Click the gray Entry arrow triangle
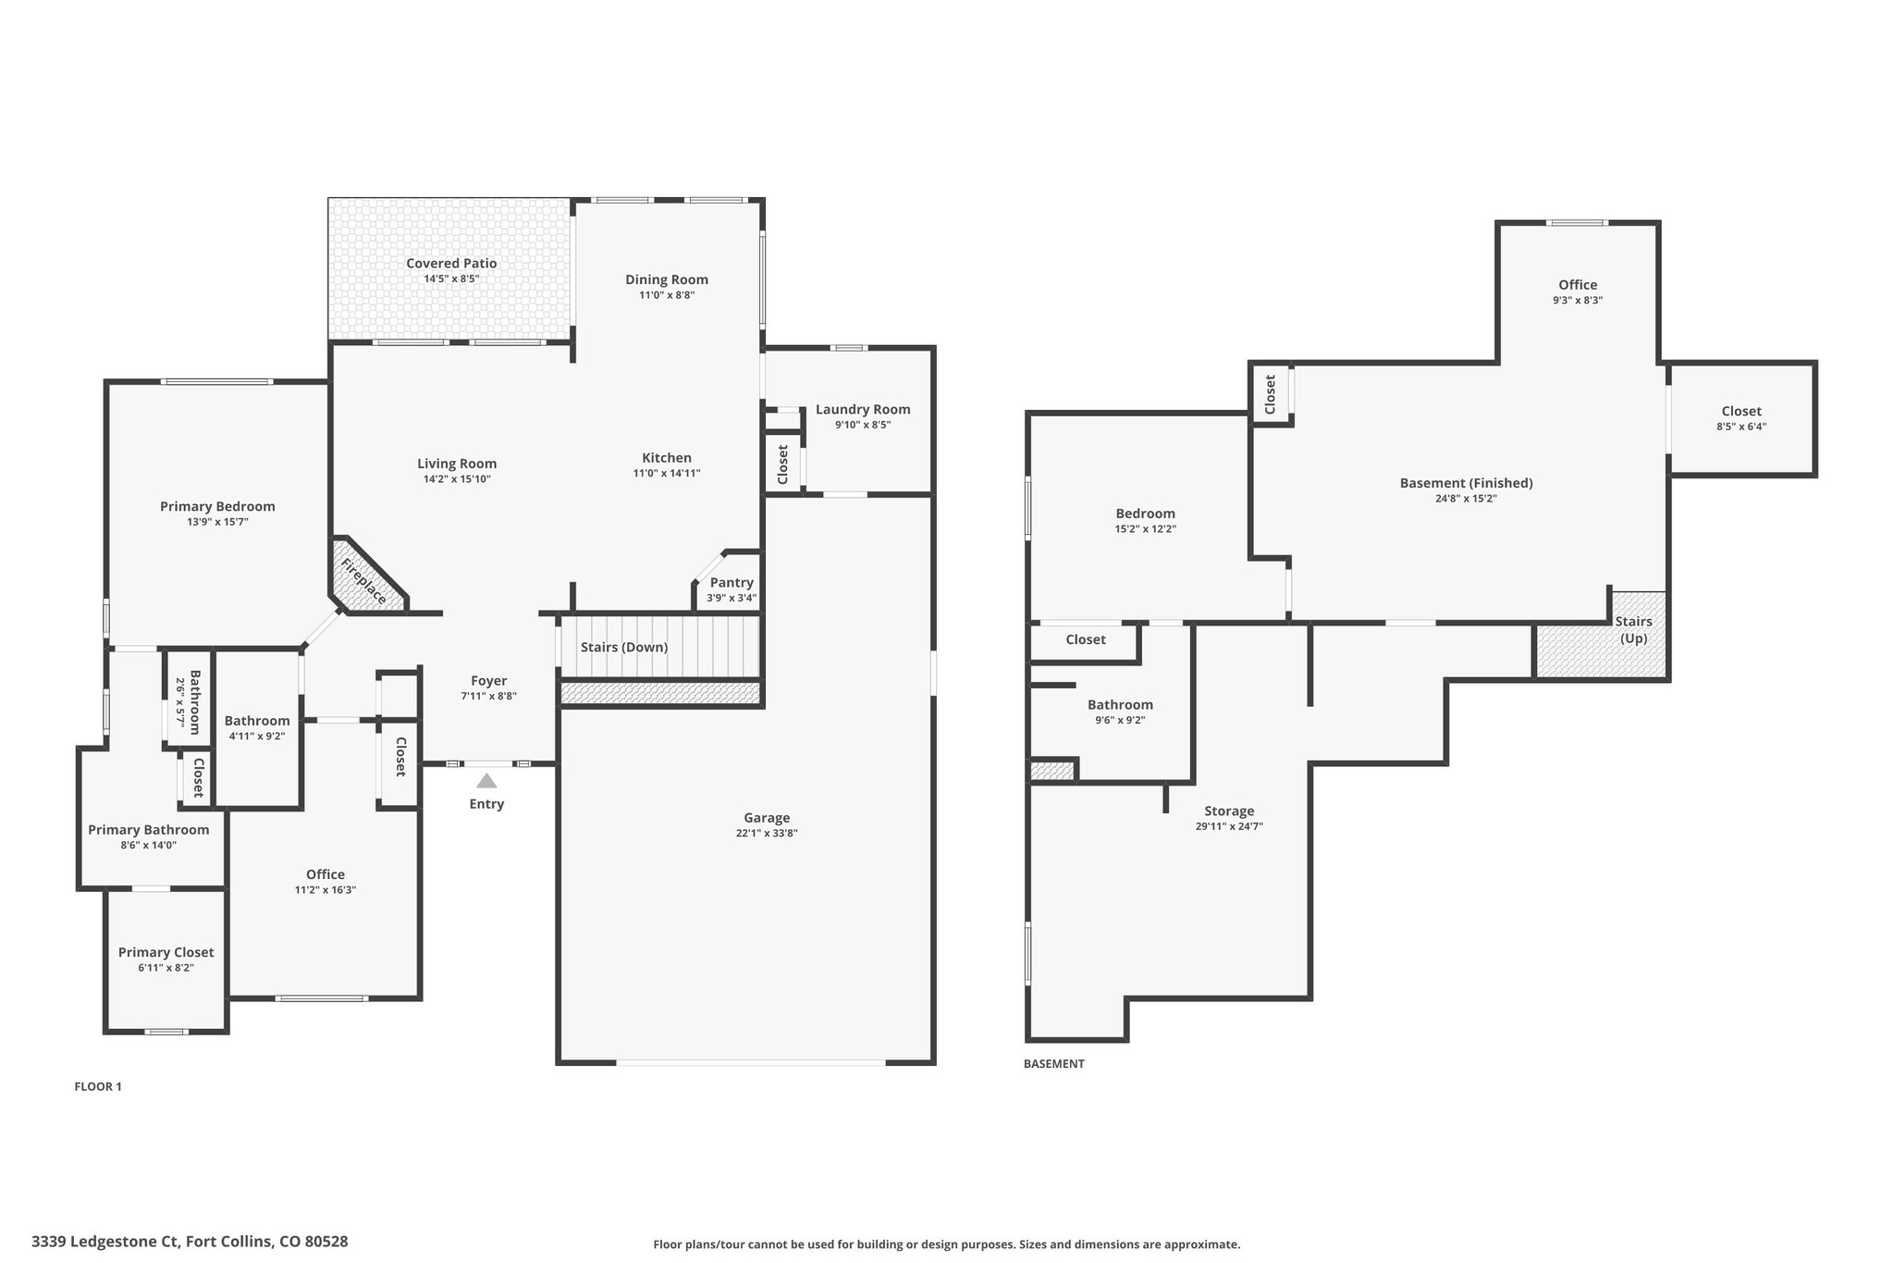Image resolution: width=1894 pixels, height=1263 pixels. pyautogui.click(x=486, y=781)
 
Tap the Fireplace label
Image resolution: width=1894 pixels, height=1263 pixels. pyautogui.click(x=363, y=582)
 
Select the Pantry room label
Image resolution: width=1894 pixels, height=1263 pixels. pyautogui.click(x=732, y=582)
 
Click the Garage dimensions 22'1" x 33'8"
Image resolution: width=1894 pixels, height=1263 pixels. pyautogui.click(x=767, y=834)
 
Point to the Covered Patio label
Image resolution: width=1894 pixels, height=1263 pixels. pyautogui.click(x=451, y=264)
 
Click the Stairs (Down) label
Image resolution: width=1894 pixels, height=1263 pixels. pyautogui.click(x=624, y=647)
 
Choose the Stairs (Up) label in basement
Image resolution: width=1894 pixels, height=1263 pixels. pyautogui.click(x=1634, y=630)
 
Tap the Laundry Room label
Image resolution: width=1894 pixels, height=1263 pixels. pyautogui.click(x=863, y=410)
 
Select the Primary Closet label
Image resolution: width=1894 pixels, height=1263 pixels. pyautogui.click(x=166, y=952)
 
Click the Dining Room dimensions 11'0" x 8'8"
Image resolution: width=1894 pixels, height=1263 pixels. pyautogui.click(x=667, y=295)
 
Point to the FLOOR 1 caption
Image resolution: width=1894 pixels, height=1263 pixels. pyautogui.click(x=98, y=1087)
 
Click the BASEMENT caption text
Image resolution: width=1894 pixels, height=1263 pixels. pyautogui.click(x=1054, y=1064)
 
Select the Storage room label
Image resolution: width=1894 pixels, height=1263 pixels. pyautogui.click(x=1229, y=811)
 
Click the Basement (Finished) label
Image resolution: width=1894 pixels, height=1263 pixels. pyautogui.click(x=1467, y=483)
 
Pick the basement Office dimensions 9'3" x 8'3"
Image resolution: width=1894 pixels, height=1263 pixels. pyautogui.click(x=1578, y=301)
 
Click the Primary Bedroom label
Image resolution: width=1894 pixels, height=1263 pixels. pyautogui.click(x=217, y=506)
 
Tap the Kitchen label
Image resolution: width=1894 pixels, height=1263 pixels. pyautogui.click(x=667, y=458)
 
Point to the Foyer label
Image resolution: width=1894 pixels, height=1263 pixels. pyautogui.click(x=489, y=681)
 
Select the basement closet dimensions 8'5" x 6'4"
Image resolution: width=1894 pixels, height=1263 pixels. pyautogui.click(x=1741, y=427)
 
